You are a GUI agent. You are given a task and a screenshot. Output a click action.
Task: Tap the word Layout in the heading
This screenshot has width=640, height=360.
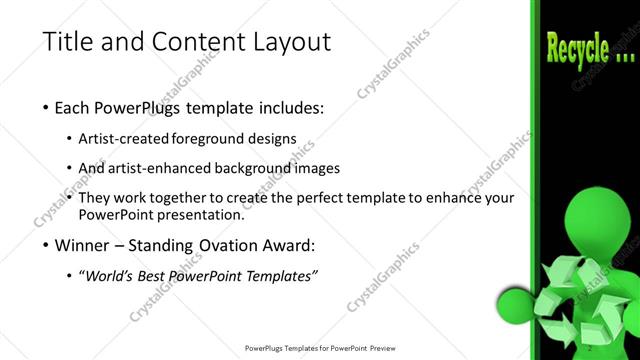(282, 42)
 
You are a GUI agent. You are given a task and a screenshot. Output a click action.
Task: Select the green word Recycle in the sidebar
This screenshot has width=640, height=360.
(576, 47)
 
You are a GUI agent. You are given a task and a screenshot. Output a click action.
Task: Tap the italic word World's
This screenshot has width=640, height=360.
(110, 275)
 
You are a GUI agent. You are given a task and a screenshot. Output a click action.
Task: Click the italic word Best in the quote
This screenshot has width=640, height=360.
(160, 275)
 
